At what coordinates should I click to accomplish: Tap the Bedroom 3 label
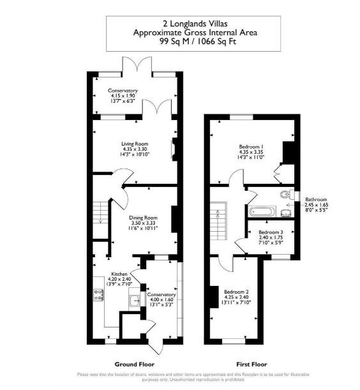pos(270,232)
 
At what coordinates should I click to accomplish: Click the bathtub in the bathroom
pos(262,210)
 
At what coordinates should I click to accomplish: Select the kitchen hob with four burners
pos(99,295)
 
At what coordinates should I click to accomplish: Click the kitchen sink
pos(134,301)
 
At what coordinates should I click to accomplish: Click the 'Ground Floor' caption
pos(131,364)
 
